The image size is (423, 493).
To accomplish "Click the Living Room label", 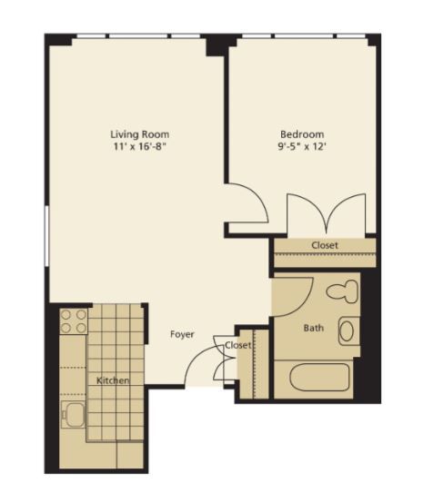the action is (x=139, y=134).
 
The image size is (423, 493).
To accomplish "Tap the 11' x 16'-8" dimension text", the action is (x=139, y=146).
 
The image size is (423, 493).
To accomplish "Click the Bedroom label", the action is (x=302, y=134).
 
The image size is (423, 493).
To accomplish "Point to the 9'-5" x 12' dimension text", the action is (x=302, y=146).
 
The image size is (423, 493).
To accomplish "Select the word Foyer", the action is (x=182, y=334).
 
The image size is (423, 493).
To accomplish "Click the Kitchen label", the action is (x=113, y=380).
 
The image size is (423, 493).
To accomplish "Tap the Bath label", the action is (x=314, y=329).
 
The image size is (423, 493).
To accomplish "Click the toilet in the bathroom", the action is (x=342, y=291).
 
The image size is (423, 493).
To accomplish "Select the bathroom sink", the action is (x=348, y=331).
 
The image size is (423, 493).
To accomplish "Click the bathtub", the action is (x=319, y=378).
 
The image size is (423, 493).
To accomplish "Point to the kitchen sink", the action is (x=73, y=414).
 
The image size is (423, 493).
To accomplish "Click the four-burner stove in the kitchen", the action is (x=74, y=321).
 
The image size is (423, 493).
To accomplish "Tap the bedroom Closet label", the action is (x=325, y=245).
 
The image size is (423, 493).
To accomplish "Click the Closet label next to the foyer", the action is (x=237, y=345).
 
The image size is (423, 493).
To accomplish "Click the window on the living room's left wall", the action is (x=46, y=236).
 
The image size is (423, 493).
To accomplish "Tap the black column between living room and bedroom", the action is (x=217, y=45).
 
